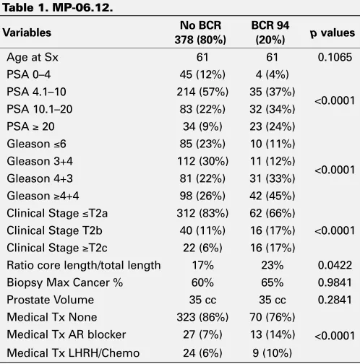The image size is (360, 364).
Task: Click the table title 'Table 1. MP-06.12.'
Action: tap(58, 8)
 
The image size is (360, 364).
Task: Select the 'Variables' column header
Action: tap(27, 32)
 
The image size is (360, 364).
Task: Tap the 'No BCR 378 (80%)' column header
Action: tap(200, 32)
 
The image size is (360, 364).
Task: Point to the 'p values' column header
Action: tap(333, 33)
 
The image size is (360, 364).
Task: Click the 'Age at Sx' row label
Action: tap(33, 57)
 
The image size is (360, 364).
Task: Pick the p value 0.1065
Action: tap(335, 57)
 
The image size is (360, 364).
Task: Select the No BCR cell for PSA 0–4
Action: tap(202, 74)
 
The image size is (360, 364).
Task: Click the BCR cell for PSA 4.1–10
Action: tap(273, 92)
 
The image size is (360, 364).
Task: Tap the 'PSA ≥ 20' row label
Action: tap(30, 126)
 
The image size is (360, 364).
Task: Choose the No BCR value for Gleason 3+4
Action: tap(202, 161)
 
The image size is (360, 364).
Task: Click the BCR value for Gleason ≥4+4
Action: tap(273, 196)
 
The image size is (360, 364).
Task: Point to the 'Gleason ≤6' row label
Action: tap(36, 144)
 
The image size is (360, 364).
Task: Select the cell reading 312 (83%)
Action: tap(202, 213)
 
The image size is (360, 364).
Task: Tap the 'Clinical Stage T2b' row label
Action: tap(54, 230)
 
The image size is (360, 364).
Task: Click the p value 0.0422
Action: tap(335, 265)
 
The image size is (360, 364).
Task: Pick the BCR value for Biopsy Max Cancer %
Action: tap(273, 282)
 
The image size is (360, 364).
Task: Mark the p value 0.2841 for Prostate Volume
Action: tap(335, 300)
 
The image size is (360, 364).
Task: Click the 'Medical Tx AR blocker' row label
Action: tap(67, 334)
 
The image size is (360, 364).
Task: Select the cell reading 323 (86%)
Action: tap(202, 317)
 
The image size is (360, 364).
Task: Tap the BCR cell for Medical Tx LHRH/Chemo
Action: tap(273, 353)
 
